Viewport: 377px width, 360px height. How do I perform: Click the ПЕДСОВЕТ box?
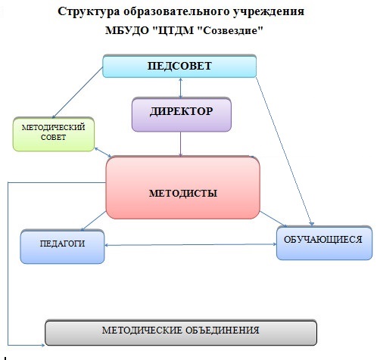[x=179, y=66]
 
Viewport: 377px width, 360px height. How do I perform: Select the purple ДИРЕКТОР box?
[x=182, y=115]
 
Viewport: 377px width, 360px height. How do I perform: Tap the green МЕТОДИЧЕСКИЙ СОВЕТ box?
[x=54, y=135]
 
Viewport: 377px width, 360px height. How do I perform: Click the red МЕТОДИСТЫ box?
[x=182, y=188]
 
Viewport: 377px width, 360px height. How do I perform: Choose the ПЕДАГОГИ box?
[x=62, y=247]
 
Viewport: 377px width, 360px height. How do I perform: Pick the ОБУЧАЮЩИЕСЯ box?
[x=324, y=243]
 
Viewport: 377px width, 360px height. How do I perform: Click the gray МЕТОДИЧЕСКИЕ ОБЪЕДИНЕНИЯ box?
[x=181, y=333]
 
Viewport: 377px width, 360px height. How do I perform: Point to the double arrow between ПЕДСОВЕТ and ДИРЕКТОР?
[x=180, y=88]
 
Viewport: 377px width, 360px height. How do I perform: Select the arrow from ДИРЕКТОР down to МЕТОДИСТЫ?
[x=180, y=144]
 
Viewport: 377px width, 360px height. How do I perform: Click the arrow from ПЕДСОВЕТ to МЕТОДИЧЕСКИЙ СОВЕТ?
[x=77, y=92]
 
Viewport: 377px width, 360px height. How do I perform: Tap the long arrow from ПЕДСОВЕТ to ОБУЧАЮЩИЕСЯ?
[x=285, y=151]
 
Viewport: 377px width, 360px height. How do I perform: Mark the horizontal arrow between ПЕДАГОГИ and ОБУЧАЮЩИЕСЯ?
[x=191, y=244]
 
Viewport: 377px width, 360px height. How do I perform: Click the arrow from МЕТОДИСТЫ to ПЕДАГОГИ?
[x=93, y=221]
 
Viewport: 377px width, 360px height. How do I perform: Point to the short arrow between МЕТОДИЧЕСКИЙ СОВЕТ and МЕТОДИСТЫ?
[x=103, y=152]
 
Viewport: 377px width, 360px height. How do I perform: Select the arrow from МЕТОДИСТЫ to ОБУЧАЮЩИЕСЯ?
[x=273, y=219]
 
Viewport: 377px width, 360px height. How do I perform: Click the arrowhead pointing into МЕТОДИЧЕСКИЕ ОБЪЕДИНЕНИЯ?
[x=43, y=345]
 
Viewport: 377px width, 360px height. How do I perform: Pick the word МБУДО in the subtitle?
[x=127, y=31]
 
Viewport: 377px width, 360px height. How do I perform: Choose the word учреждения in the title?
[x=269, y=12]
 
